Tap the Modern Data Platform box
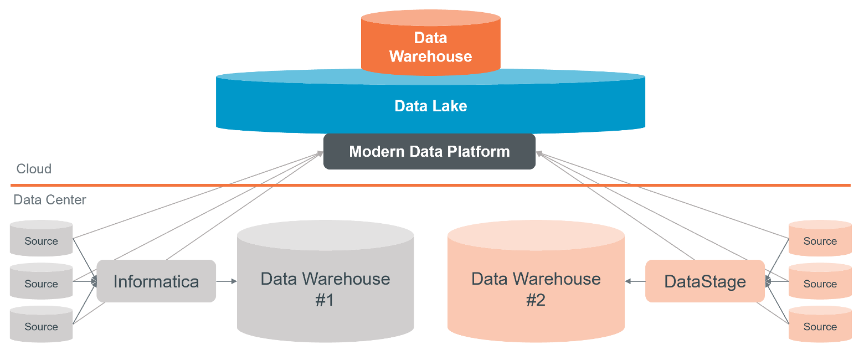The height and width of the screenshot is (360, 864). click(429, 152)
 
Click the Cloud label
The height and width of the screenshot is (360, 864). click(34, 169)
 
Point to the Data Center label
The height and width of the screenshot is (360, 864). click(50, 200)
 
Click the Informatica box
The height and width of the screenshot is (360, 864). click(156, 281)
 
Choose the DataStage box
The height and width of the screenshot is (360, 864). click(704, 281)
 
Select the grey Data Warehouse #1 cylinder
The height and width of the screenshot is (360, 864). click(325, 288)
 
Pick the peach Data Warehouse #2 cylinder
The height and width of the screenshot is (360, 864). click(536, 288)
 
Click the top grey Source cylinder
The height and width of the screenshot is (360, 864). click(42, 239)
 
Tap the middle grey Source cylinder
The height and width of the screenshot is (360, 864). click(42, 282)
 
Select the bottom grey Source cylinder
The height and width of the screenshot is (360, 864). click(42, 325)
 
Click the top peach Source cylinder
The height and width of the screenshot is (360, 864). click(820, 239)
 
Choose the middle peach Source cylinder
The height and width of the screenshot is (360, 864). click(820, 282)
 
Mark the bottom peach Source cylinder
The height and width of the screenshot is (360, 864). click(820, 325)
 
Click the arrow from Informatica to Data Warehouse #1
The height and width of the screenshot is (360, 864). click(226, 281)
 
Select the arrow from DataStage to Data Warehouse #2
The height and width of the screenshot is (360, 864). click(635, 281)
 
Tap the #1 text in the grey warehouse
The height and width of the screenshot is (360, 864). click(325, 300)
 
